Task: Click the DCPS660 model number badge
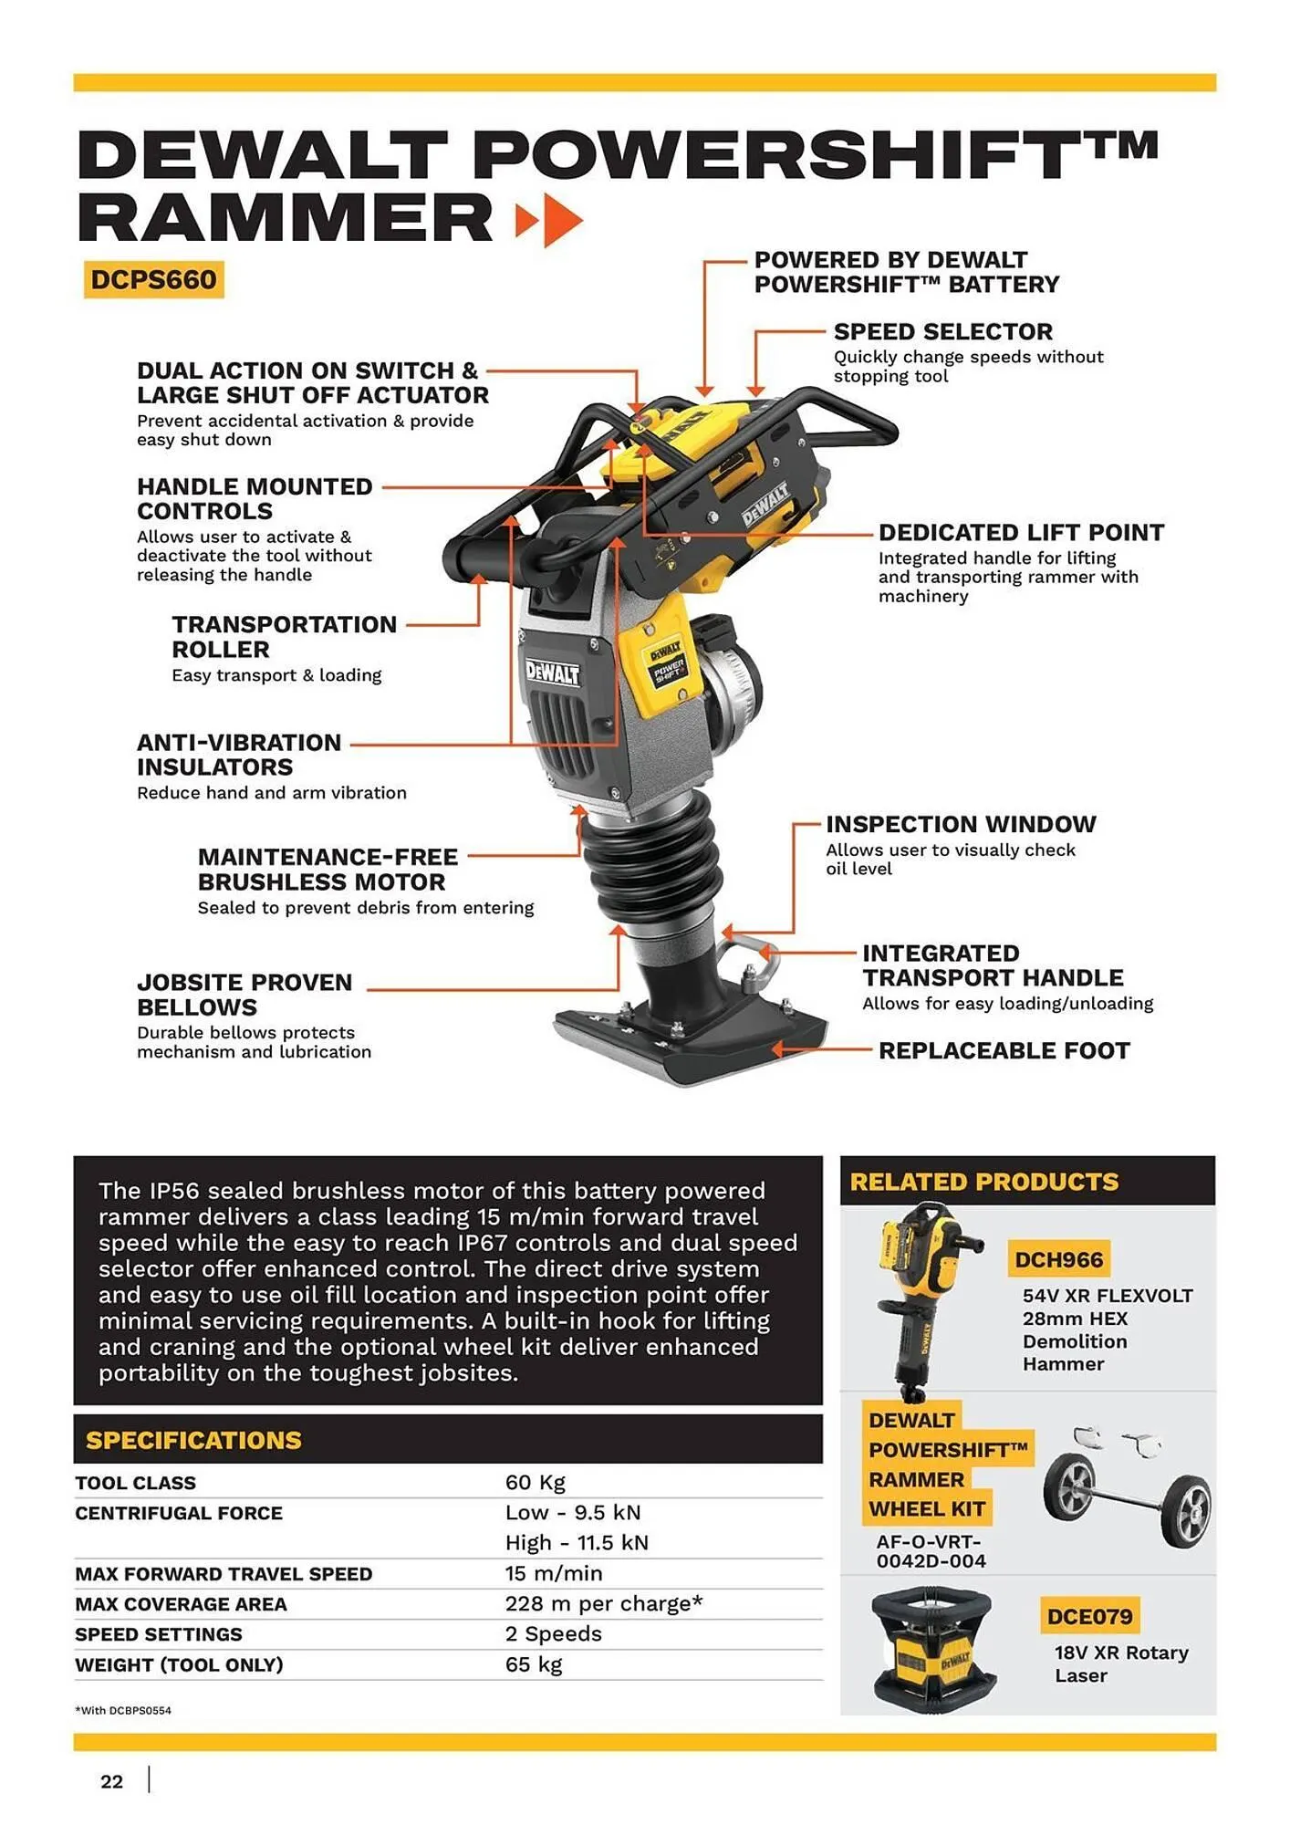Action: pyautogui.click(x=153, y=279)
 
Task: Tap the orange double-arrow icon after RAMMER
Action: pyautogui.click(x=548, y=220)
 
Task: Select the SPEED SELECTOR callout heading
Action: pyautogui.click(x=942, y=331)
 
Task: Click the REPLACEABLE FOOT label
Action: pyautogui.click(x=1004, y=1050)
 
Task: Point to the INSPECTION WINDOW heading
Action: pyautogui.click(x=960, y=824)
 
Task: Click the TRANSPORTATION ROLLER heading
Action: pyautogui.click(x=284, y=637)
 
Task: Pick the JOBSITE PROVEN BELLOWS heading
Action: pyautogui.click(x=244, y=995)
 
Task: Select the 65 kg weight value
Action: pyautogui.click(x=534, y=1664)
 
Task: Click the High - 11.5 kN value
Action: pyautogui.click(x=577, y=1543)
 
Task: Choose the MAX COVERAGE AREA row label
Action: pyautogui.click(x=181, y=1604)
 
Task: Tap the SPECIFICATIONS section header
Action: pyautogui.click(x=193, y=1440)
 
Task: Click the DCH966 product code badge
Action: pyautogui.click(x=1058, y=1260)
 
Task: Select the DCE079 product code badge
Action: pyautogui.click(x=1089, y=1617)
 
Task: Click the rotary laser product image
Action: pyautogui.click(x=931, y=1648)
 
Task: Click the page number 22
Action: pyautogui.click(x=111, y=1781)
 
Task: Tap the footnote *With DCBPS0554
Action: pyautogui.click(x=123, y=1710)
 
